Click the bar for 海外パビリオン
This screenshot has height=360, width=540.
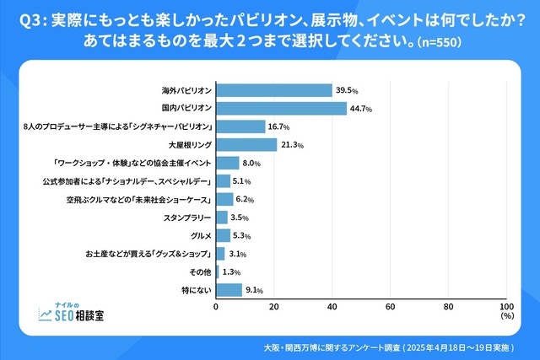[274, 90]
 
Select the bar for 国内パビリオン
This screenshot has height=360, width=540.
[282, 109]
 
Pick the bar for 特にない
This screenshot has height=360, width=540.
[229, 290]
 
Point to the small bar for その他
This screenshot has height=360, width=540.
[218, 271]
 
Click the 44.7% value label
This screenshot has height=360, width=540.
[361, 109]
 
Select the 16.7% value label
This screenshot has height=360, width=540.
[279, 126]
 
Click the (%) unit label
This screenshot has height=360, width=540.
[506, 318]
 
